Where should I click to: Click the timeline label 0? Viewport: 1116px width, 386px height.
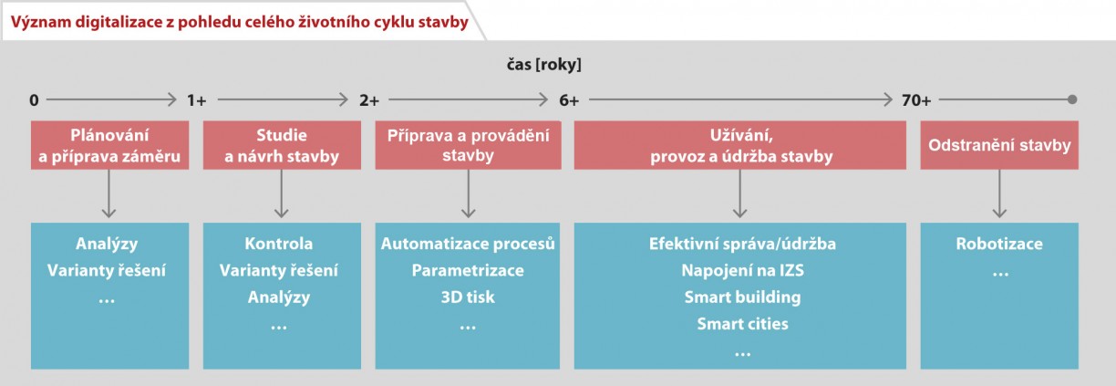[x=34, y=100]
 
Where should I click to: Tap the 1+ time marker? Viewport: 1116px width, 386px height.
[x=196, y=100]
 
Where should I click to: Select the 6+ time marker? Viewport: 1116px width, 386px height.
[x=568, y=100]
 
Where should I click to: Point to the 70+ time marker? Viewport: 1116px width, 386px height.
[x=915, y=100]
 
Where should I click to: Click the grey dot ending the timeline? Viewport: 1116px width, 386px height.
[x=1072, y=99]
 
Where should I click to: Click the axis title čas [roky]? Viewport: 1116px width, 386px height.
[x=544, y=64]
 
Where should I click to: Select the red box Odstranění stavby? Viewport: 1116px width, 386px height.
[x=999, y=145]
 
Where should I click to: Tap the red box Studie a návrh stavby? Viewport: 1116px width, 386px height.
[x=282, y=145]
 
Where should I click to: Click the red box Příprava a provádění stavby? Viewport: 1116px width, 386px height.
[x=468, y=145]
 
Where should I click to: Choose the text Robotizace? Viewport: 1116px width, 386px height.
[x=999, y=244]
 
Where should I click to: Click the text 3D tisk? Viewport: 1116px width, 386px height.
[x=468, y=297]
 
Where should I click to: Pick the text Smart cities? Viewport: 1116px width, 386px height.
[x=742, y=324]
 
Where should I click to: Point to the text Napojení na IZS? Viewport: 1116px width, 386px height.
[x=742, y=270]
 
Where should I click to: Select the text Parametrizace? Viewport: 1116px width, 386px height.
[x=468, y=270]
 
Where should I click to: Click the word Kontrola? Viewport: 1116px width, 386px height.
[x=278, y=244]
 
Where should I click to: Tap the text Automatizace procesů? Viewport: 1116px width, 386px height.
[x=468, y=244]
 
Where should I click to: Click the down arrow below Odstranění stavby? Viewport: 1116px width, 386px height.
[x=999, y=194]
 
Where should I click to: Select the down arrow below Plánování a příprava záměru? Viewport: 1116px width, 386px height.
[x=108, y=194]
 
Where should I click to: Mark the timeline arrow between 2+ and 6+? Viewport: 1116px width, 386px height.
[x=468, y=99]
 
